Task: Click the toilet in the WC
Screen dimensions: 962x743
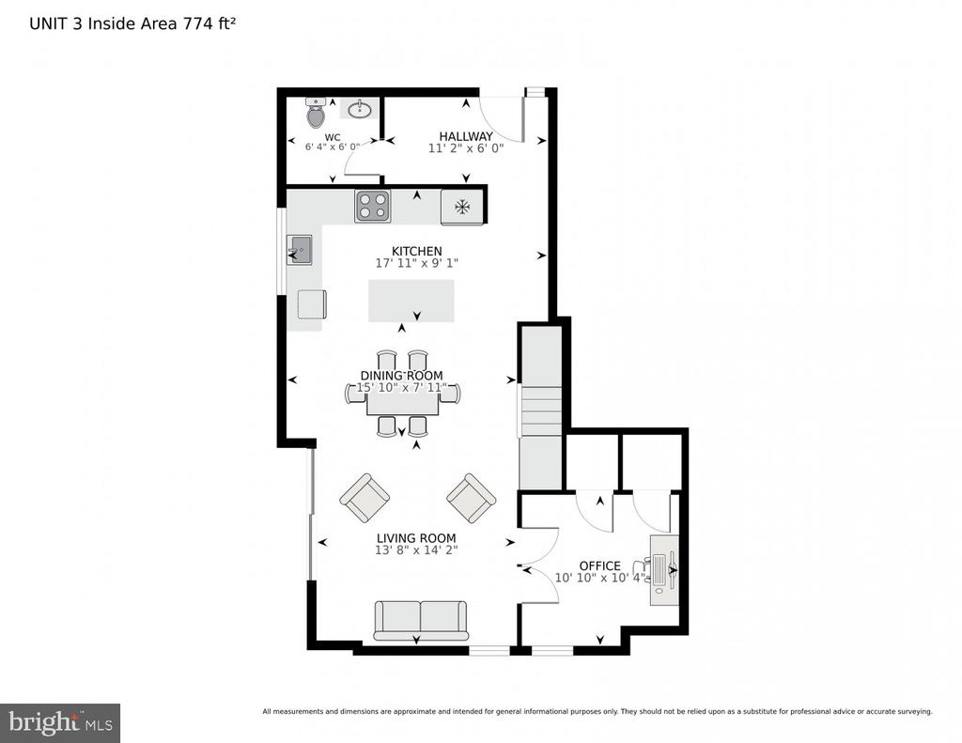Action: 315,112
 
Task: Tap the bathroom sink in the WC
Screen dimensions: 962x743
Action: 358,109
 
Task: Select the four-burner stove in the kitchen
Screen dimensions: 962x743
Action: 372,206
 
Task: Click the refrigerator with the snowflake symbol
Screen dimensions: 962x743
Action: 462,207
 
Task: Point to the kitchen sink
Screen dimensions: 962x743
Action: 300,250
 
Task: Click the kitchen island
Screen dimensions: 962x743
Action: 411,301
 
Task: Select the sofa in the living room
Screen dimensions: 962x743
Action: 420,620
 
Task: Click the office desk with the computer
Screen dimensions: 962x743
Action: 664,570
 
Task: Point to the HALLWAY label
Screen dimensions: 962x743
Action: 466,136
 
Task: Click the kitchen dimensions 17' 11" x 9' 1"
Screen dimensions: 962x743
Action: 417,263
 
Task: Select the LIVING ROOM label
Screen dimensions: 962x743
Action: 416,538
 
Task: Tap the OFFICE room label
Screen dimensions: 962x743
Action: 600,565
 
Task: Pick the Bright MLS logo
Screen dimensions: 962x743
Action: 60,722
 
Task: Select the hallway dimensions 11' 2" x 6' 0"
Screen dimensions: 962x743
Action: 466,148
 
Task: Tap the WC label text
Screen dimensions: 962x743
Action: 333,137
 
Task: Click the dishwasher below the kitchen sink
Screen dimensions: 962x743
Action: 312,304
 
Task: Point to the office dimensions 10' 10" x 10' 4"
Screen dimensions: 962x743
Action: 600,578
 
